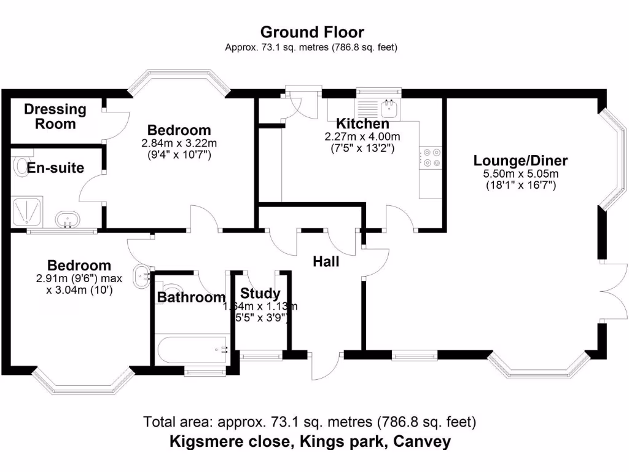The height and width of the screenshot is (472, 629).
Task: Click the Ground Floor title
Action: click(x=311, y=32)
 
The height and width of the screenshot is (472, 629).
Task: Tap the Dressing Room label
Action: click(x=55, y=117)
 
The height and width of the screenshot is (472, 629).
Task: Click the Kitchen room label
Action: click(x=362, y=124)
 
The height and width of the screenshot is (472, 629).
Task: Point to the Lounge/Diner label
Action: click(x=520, y=161)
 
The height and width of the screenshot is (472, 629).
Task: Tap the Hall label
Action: click(x=326, y=262)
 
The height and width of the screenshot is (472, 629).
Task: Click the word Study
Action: click(x=260, y=294)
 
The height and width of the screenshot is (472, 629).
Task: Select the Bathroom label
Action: click(x=191, y=298)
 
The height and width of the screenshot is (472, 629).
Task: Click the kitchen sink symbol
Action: click(x=389, y=109)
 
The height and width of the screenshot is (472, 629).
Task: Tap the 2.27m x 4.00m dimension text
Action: click(x=362, y=136)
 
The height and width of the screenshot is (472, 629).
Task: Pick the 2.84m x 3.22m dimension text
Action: click(x=178, y=144)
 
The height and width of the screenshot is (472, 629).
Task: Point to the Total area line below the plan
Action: click(x=310, y=422)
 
